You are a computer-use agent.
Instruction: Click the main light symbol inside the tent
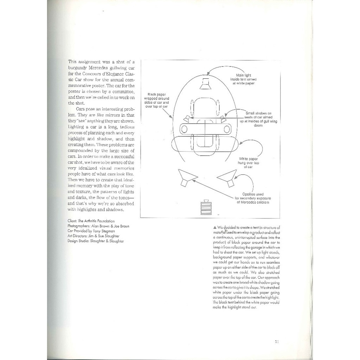click(x=205, y=84)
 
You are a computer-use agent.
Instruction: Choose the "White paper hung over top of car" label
click(x=251, y=163)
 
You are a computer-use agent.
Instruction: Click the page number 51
click(x=277, y=341)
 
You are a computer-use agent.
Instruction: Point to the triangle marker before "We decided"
click(x=214, y=227)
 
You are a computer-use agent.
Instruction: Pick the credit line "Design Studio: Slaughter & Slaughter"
click(x=96, y=241)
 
